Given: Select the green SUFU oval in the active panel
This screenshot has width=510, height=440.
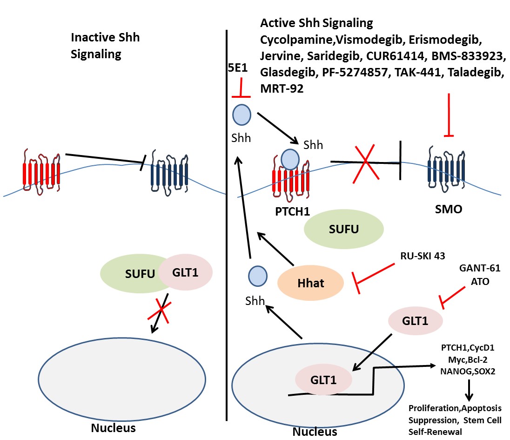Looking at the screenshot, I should click(343, 230).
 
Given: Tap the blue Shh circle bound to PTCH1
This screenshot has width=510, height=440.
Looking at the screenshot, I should click(291, 158).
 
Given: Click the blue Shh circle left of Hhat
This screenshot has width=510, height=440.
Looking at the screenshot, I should click(257, 276).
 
